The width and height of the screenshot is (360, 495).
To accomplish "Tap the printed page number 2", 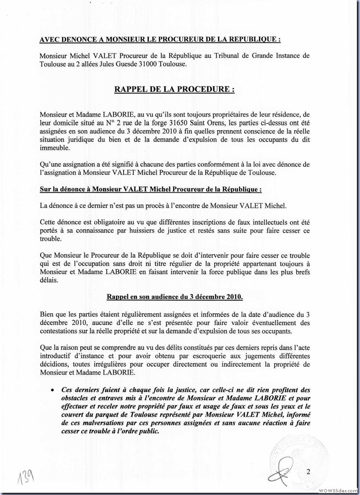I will click(x=308, y=471).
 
